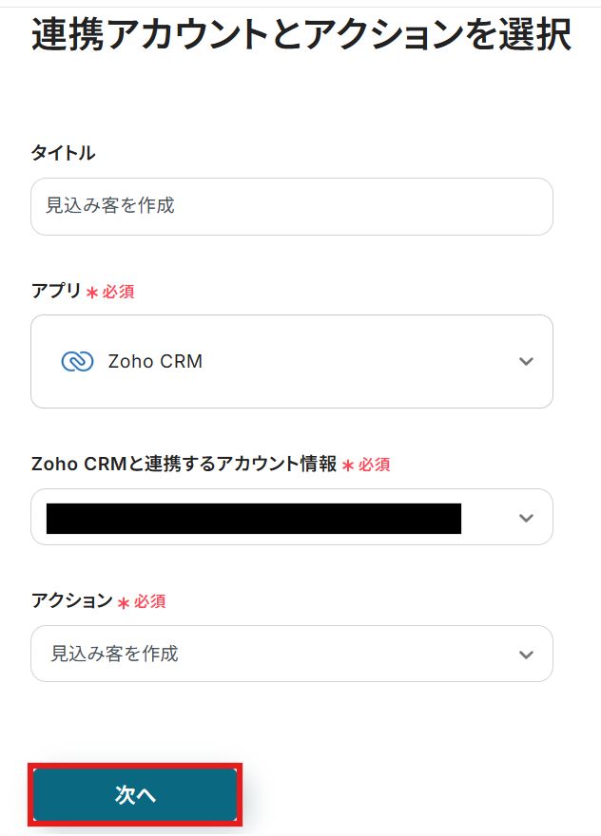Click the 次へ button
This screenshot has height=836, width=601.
click(135, 795)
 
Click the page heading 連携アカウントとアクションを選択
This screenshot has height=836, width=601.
click(300, 36)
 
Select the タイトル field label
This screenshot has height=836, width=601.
click(63, 153)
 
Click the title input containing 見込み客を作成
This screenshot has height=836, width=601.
click(291, 206)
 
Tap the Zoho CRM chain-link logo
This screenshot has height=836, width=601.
click(77, 361)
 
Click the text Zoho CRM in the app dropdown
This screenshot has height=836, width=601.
click(155, 361)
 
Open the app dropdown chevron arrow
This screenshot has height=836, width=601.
click(526, 361)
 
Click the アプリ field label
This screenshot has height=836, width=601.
click(56, 291)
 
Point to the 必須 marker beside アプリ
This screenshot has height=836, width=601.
click(118, 292)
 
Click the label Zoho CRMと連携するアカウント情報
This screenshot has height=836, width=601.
click(184, 464)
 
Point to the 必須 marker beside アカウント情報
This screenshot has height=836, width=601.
click(374, 465)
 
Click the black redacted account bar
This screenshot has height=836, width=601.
click(253, 518)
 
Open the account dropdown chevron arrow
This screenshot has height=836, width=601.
click(526, 518)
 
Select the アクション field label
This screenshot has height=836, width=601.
click(71, 600)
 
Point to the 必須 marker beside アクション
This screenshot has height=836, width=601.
click(149, 601)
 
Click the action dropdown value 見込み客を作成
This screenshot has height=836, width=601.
click(114, 654)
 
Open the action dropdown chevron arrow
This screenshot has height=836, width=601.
click(526, 654)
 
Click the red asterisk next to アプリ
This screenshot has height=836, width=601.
click(92, 293)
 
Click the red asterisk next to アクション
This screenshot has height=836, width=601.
click(123, 602)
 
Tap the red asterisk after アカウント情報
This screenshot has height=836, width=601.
click(348, 465)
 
